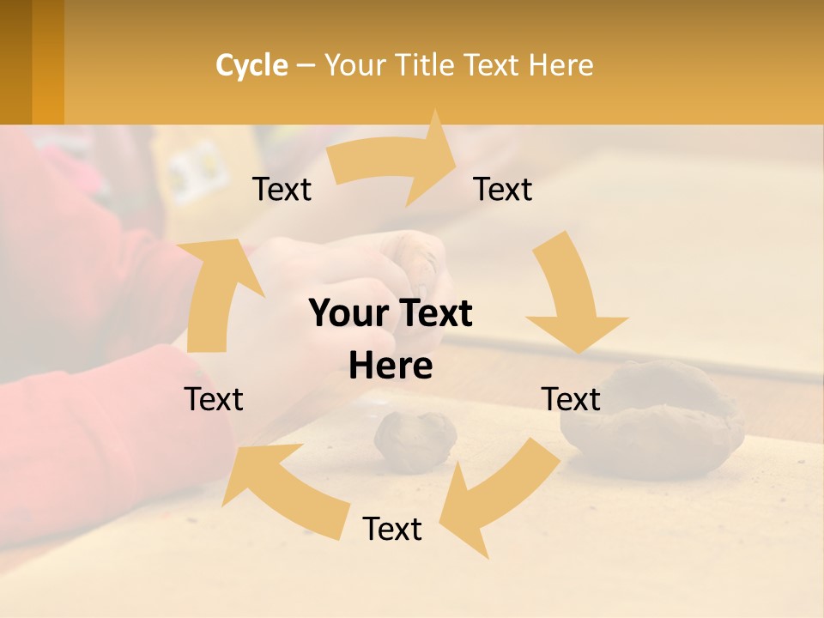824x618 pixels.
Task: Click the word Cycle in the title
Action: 251,65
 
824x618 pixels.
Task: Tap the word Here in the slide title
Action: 560,65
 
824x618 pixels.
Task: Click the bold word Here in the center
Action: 391,367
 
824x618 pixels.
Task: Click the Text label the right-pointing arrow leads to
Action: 503,190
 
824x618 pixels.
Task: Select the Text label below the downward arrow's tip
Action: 571,399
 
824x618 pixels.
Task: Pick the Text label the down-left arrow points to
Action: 392,529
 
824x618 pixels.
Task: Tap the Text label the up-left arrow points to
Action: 215,399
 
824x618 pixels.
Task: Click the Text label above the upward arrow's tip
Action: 282,190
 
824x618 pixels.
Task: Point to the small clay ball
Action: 415,439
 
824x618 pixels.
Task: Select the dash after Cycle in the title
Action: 306,65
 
